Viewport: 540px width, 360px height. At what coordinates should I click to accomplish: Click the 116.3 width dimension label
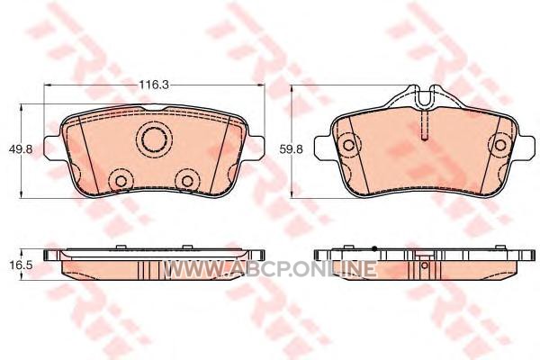(x=154, y=85)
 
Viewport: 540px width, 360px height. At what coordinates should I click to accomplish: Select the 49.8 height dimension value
(x=21, y=149)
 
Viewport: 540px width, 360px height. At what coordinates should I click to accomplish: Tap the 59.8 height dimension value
(x=292, y=149)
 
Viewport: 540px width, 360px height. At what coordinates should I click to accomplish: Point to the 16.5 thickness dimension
(x=21, y=265)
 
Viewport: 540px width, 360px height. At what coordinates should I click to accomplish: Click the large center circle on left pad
(x=154, y=139)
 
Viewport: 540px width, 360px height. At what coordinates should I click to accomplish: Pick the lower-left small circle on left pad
(x=121, y=181)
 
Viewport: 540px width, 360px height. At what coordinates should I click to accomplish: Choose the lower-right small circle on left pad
(x=188, y=181)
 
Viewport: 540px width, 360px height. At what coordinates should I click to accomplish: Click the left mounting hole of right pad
(x=348, y=145)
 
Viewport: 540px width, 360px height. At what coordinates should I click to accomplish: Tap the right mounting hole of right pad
(x=500, y=145)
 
